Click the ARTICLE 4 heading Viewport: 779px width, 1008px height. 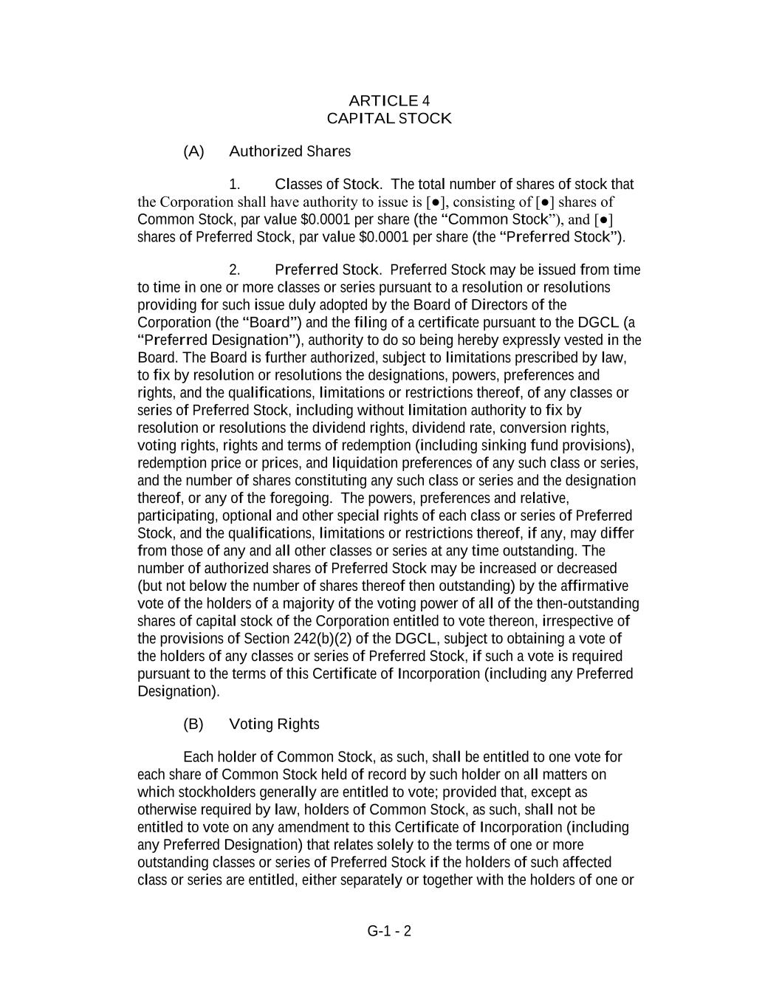click(x=389, y=100)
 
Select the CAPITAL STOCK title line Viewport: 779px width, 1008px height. click(x=389, y=118)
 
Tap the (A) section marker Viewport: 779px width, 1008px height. click(x=193, y=151)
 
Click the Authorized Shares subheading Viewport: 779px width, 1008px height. click(x=289, y=151)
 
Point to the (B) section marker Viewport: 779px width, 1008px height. click(x=193, y=724)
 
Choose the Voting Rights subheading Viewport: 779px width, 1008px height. click(x=274, y=724)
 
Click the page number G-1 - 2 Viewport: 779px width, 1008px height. click(x=389, y=930)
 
